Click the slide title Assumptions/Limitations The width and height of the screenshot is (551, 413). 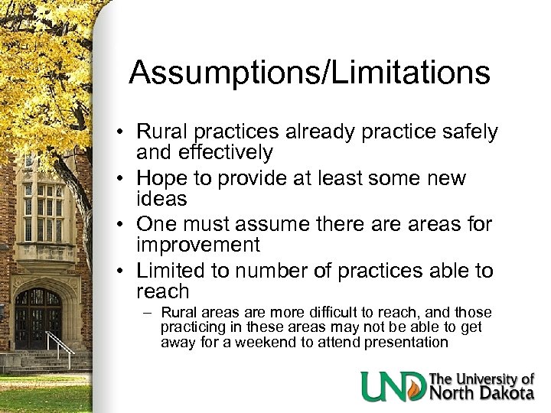(x=309, y=73)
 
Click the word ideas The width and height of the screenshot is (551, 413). (x=162, y=199)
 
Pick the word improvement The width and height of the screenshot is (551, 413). (x=198, y=245)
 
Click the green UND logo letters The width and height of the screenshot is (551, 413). (x=393, y=386)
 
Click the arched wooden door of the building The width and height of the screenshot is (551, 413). (x=37, y=317)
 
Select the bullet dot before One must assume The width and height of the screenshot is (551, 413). (x=122, y=225)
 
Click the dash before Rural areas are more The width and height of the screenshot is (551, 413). (x=151, y=313)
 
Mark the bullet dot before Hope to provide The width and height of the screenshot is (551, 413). (x=122, y=179)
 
